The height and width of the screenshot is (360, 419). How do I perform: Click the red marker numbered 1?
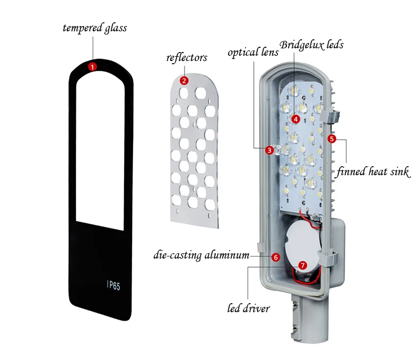coord(92,67)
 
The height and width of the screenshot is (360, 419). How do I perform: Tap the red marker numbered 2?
coord(184,81)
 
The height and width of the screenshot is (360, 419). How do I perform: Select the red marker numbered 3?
coord(269,150)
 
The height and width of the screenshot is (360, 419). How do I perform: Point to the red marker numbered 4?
coord(296,119)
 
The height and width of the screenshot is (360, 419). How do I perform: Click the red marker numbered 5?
coord(332,139)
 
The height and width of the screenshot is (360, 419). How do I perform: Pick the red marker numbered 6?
coord(275,257)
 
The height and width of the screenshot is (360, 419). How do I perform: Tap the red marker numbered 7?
coord(302,264)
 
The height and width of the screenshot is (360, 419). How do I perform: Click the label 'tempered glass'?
coord(95,28)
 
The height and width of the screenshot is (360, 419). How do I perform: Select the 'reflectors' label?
coord(187,57)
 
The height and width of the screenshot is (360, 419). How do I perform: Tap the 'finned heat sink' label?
coord(374,172)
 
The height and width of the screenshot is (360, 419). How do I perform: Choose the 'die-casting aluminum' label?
coord(202,255)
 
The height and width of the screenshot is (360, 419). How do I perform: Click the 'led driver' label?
coord(249,308)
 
